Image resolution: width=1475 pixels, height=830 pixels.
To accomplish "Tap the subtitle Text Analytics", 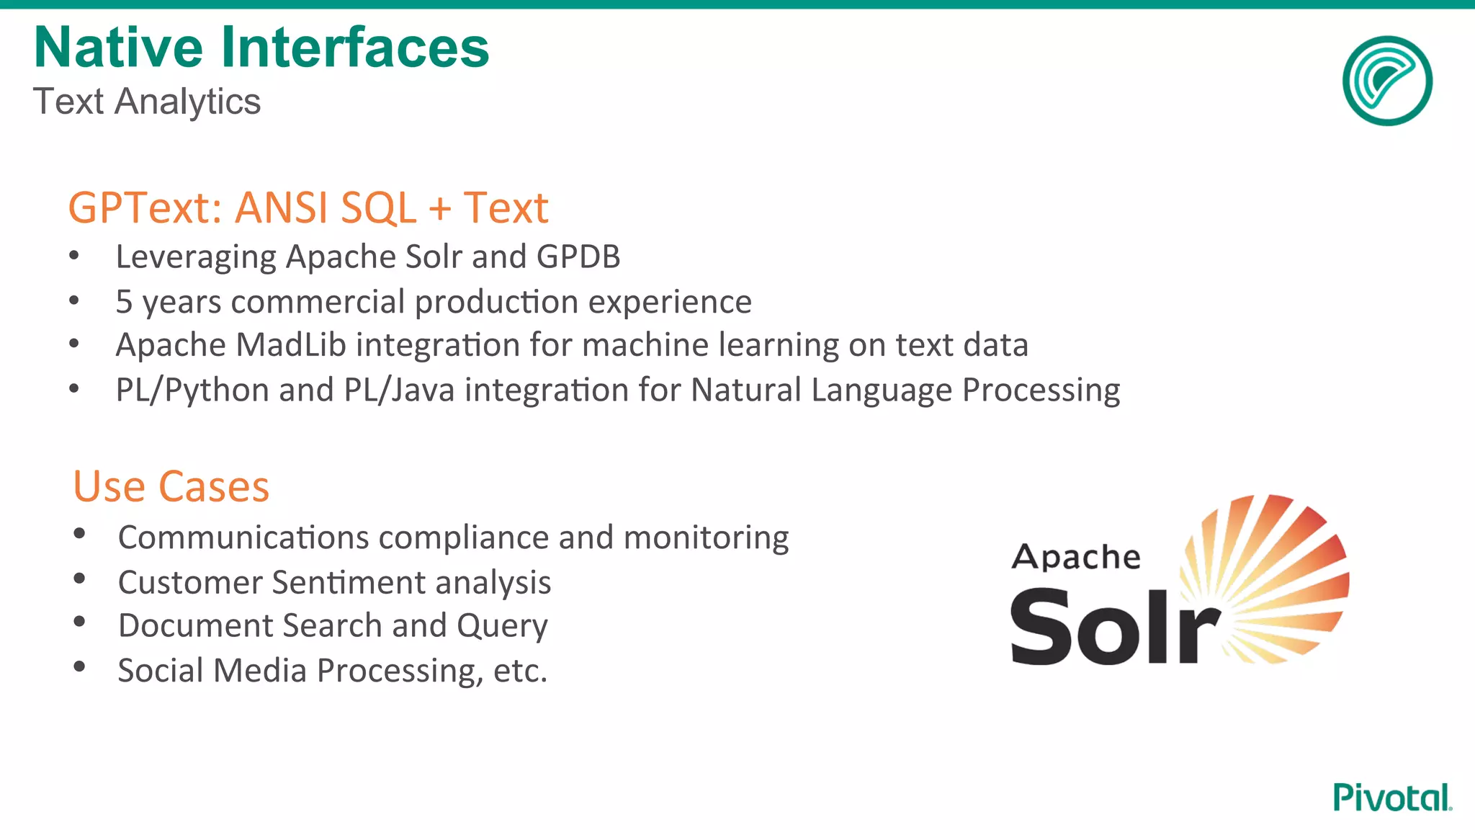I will click(x=147, y=102).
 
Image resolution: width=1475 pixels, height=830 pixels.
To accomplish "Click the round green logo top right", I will click(x=1387, y=81).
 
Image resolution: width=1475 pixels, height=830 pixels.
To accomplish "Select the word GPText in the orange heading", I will click(x=144, y=208).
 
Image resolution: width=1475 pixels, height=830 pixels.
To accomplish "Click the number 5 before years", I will click(x=124, y=302).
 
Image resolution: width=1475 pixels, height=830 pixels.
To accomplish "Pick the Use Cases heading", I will click(x=171, y=487).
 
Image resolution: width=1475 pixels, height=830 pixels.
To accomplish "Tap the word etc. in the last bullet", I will click(x=520, y=671).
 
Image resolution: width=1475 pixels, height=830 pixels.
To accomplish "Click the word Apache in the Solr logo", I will click(x=1076, y=558).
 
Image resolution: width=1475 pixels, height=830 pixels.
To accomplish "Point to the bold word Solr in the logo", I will click(x=1115, y=627).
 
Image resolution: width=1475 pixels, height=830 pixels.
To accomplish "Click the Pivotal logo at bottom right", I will click(x=1391, y=798).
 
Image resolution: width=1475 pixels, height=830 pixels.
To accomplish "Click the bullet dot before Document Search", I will click(x=80, y=621).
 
